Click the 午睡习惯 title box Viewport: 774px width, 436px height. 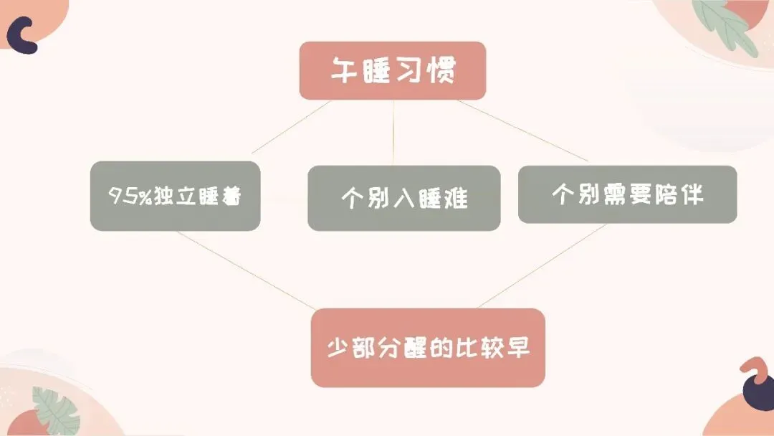pos(393,70)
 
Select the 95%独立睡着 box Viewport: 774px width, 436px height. pos(175,196)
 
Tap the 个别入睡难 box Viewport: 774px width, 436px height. pos(403,198)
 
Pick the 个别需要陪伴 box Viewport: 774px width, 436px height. pos(627,194)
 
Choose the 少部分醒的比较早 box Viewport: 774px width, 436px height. pos(428,348)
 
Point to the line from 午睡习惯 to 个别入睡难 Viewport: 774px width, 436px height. pos(393,133)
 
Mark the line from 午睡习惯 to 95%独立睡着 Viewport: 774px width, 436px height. pos(290,127)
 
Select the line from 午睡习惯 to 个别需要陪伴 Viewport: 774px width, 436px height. pos(523,130)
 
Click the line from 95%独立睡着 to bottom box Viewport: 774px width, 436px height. pos(244,269)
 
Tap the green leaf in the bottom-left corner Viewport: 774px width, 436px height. pos(56,409)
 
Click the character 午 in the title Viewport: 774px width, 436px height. pos(344,70)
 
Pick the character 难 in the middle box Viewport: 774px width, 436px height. pos(454,198)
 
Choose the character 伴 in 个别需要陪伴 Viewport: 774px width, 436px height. pos(689,194)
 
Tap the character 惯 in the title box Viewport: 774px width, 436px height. pos(441,70)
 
